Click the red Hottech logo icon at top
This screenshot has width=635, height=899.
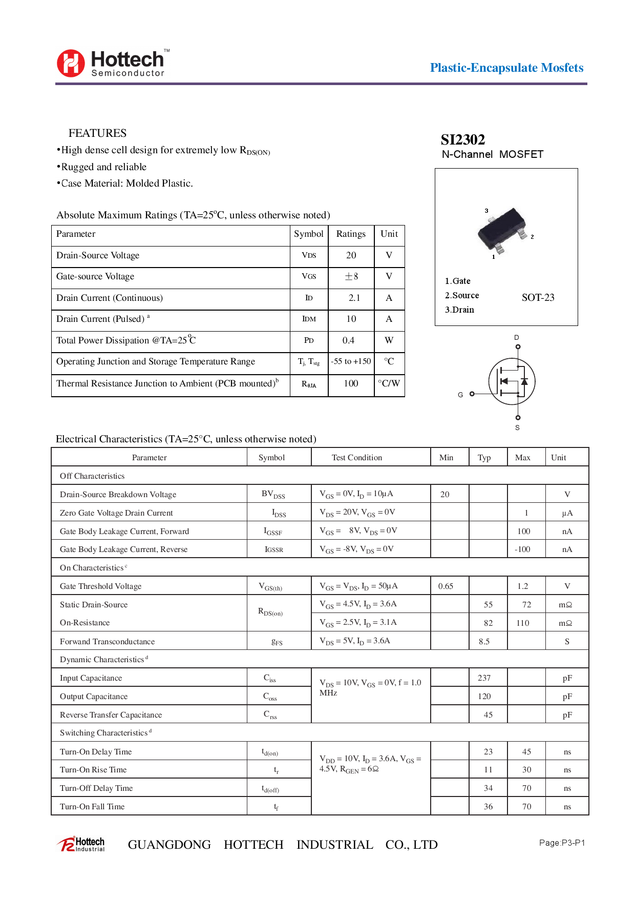[x=71, y=64]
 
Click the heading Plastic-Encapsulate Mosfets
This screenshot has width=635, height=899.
[x=506, y=68]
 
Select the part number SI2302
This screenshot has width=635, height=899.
[x=462, y=139]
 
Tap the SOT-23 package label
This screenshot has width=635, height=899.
[x=538, y=297]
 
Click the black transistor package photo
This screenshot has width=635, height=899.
[x=502, y=231]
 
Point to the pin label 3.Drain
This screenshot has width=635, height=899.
[x=459, y=310]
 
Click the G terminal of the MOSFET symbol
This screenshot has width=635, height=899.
[x=472, y=394]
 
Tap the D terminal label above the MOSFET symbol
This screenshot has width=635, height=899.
[x=516, y=337]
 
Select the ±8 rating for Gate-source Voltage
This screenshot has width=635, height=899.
[x=351, y=276]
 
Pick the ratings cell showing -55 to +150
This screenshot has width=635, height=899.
[x=351, y=361]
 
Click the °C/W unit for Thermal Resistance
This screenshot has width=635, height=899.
[x=389, y=383]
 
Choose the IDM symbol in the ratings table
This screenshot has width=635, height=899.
[x=309, y=319]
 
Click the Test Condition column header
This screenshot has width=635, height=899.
[x=356, y=457]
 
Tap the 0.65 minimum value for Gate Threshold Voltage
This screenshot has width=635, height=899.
[x=445, y=586]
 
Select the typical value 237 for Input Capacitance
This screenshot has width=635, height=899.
[x=484, y=678]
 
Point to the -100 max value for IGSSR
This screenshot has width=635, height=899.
[x=522, y=549]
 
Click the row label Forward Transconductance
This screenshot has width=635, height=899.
[x=107, y=641]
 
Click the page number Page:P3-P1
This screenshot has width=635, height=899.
[x=562, y=843]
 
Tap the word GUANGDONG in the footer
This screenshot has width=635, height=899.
[x=169, y=845]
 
